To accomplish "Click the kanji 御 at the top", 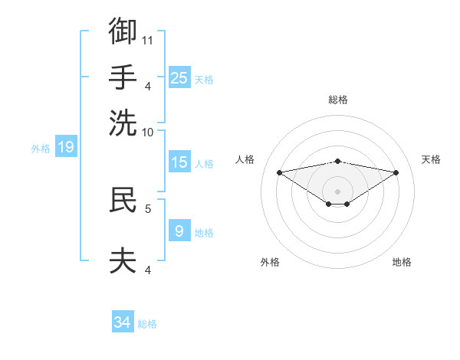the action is tap(123, 31).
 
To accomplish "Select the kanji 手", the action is tap(123, 77).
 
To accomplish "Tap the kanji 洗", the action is tap(123, 123).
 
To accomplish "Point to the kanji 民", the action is tap(123, 199).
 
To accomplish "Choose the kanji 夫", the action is tap(123, 260).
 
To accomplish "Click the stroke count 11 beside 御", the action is tap(147, 41).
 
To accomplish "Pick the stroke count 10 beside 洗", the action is tap(147, 133).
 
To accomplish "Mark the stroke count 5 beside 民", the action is tap(148, 209).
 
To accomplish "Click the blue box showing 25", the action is tap(179, 77).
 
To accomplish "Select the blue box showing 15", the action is tap(179, 162).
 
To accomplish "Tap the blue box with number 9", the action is tap(179, 230).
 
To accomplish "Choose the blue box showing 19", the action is tap(66, 146).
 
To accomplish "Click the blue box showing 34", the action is tap(123, 321).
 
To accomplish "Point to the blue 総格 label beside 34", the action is tap(147, 324).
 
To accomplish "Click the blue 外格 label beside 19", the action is tap(41, 149).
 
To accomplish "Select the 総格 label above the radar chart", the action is tap(338, 100).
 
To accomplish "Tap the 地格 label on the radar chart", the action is tap(402, 262).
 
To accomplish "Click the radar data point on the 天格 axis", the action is tap(396, 172).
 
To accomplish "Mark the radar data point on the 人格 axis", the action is tap(279, 172).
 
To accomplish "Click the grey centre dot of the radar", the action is tap(337, 191).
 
